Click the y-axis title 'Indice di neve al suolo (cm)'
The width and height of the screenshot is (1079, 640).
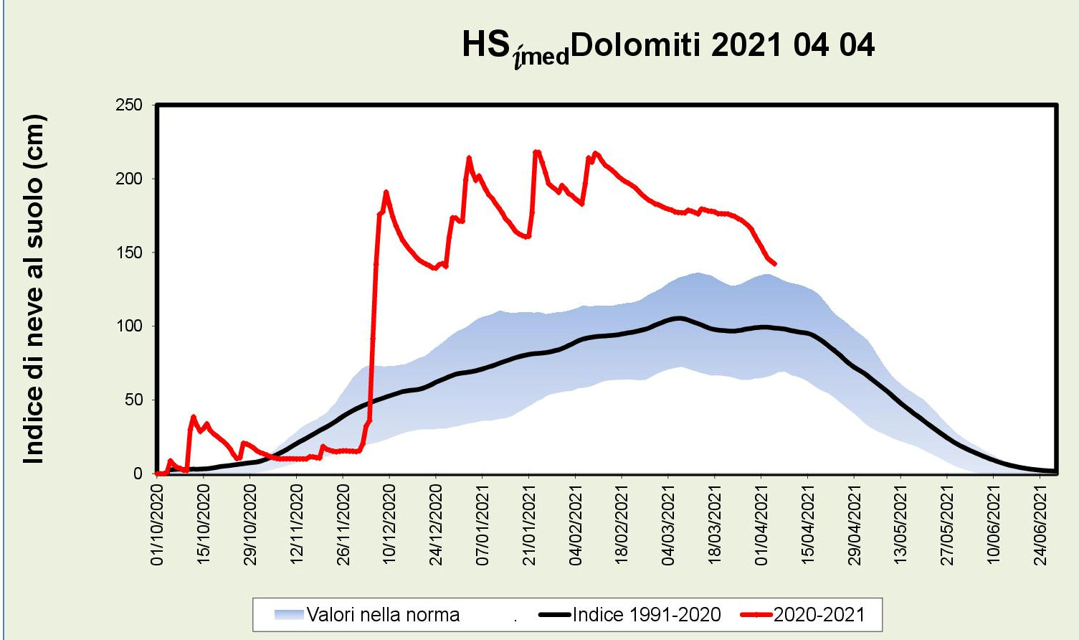click(34, 288)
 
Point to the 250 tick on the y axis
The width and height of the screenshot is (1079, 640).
click(129, 105)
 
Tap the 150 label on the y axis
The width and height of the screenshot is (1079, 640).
click(129, 253)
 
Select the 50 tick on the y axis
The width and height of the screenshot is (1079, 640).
click(133, 400)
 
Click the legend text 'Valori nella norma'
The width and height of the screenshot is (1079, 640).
click(383, 615)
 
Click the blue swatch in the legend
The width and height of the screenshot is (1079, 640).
click(289, 615)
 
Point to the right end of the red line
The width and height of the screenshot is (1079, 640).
click(775, 264)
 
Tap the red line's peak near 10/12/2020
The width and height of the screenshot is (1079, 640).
click(386, 192)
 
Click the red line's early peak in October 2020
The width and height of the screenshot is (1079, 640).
click(193, 416)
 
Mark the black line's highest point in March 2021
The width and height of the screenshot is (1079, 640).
click(678, 318)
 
